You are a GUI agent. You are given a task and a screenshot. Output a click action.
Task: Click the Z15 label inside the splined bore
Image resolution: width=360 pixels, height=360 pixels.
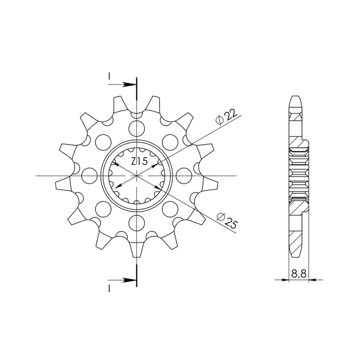tap(139, 162)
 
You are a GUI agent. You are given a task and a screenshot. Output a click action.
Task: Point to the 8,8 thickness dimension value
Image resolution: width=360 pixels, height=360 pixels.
tap(299, 274)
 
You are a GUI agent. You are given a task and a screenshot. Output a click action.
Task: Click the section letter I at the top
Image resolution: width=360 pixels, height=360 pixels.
tap(109, 76)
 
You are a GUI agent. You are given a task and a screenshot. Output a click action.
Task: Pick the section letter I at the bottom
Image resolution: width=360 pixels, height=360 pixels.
tap(109, 288)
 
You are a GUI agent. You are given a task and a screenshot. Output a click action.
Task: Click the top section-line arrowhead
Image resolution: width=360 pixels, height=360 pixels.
tap(129, 85)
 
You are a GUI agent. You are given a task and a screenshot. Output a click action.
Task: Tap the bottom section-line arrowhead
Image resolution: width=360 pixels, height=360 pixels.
tap(129, 280)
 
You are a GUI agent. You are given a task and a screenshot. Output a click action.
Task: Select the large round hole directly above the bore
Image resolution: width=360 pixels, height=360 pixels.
tap(137, 128)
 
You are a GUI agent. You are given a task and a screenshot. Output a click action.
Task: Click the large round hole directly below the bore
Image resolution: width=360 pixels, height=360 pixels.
tap(137, 223)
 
